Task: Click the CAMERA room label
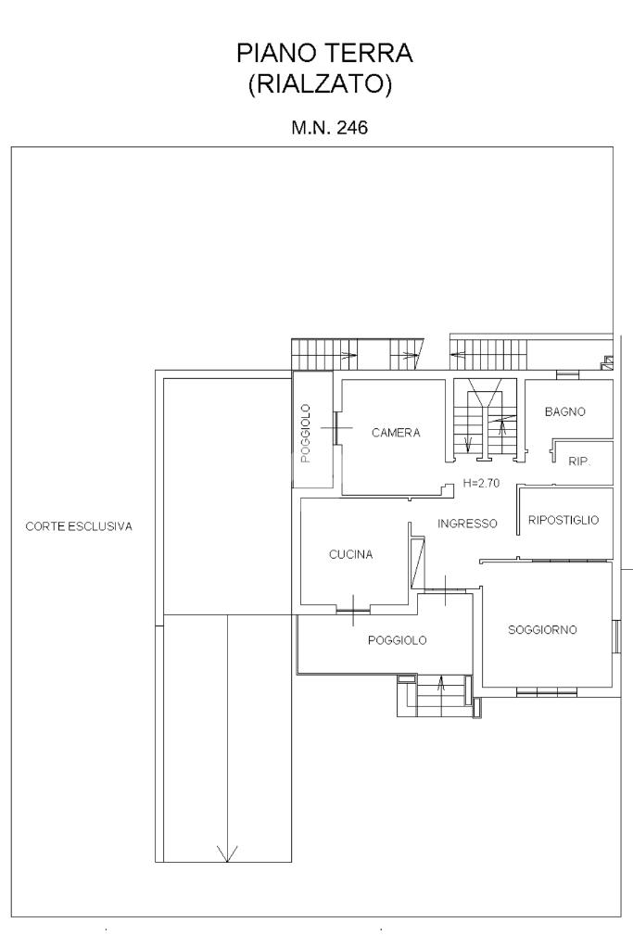[x=396, y=433]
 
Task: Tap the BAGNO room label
[x=564, y=411]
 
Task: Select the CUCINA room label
[x=350, y=554]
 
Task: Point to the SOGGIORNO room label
[x=542, y=630]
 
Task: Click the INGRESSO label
[x=467, y=524]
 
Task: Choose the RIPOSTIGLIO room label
[x=563, y=520]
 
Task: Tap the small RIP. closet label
[x=579, y=461]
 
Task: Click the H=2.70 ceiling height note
[x=481, y=483]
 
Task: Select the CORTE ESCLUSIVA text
[x=79, y=526]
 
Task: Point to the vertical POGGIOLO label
[x=305, y=434]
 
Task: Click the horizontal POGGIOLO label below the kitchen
[x=398, y=640]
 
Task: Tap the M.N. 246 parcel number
[x=330, y=128]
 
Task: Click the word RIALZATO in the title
[x=321, y=83]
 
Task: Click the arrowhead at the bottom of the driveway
[x=227, y=853]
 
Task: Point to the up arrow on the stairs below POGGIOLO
[x=441, y=685]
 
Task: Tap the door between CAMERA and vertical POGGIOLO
[x=335, y=428]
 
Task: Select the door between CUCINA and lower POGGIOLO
[x=353, y=611]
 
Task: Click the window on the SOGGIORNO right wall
[x=616, y=636]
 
